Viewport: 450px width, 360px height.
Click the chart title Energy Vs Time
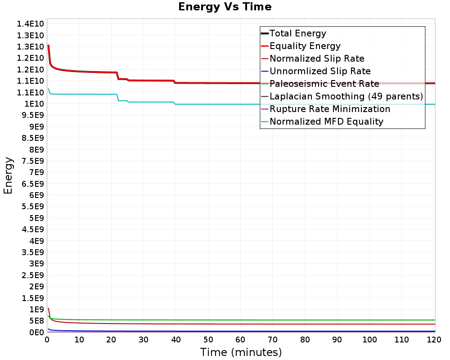pos(225,7)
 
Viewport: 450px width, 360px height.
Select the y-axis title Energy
pos(8,175)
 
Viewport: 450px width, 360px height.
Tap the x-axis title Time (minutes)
pos(241,352)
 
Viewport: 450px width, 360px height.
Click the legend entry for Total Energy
pos(297,33)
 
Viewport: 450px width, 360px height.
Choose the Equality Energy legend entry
pos(305,46)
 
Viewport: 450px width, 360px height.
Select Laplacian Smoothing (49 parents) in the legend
pos(346,96)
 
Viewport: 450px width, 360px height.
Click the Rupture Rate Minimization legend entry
pos(330,109)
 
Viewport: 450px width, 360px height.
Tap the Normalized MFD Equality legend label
pos(326,121)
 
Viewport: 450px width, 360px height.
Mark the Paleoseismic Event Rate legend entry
pos(324,84)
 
